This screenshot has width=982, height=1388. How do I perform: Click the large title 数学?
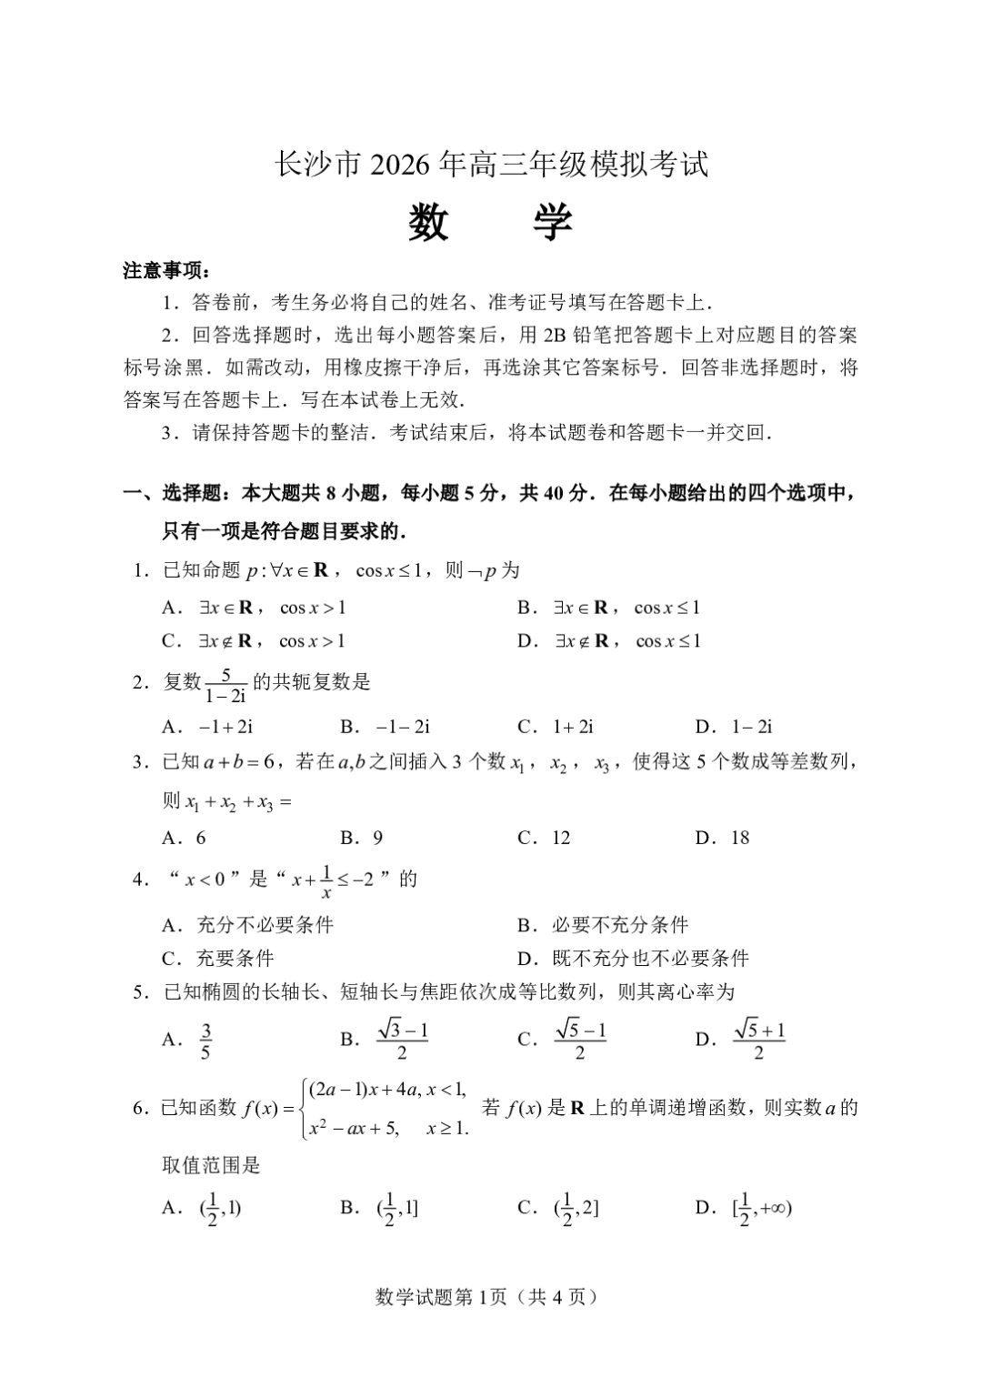490,221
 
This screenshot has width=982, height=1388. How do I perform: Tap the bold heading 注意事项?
165,271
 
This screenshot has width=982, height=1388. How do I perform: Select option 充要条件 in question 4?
235,958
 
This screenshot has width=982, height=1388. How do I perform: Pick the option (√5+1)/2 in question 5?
758,1040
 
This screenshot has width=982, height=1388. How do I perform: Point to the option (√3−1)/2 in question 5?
402,1040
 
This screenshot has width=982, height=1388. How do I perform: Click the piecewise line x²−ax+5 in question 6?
355,1129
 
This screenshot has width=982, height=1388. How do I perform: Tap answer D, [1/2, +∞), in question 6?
761,1209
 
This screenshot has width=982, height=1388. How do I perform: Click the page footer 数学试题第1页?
488,1297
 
